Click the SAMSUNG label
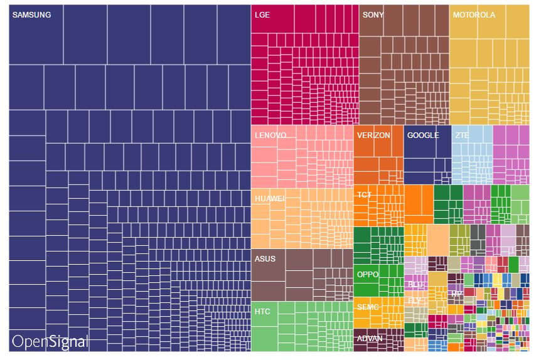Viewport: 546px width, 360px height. [31, 15]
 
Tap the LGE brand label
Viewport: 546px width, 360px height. [262, 15]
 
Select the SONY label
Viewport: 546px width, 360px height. [373, 15]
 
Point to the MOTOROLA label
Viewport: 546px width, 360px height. [474, 15]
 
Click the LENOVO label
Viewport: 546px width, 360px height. [270, 135]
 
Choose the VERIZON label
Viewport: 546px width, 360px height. [373, 135]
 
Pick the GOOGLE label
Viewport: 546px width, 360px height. [422, 135]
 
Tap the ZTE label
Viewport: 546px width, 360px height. [462, 135]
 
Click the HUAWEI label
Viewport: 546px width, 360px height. [270, 199]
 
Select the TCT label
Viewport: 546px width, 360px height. [364, 195]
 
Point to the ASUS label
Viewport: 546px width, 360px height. [265, 258]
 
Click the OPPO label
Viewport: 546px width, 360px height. [367, 275]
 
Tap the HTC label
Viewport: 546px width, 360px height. [262, 311]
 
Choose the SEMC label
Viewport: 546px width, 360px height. [368, 307]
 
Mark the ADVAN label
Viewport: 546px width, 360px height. [370, 339]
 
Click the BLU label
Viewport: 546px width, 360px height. [415, 285]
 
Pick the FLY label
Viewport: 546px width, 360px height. [414, 300]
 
